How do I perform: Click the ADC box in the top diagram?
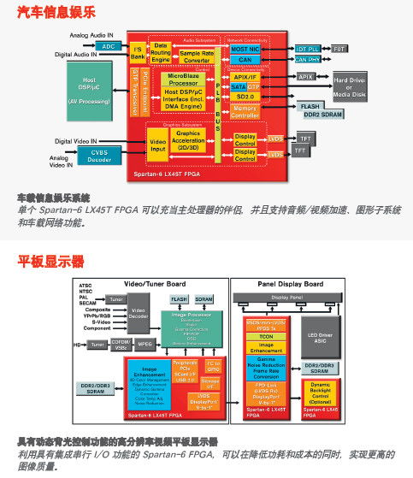[108, 46]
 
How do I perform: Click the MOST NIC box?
[245, 50]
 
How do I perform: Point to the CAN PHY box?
[307, 60]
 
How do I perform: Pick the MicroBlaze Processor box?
[184, 80]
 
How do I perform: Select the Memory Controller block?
[245, 112]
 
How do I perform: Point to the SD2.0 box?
[245, 97]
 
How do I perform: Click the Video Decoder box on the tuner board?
[139, 316]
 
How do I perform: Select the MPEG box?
[145, 345]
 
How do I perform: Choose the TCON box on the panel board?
[266, 337]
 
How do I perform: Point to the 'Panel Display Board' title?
[291, 283]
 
